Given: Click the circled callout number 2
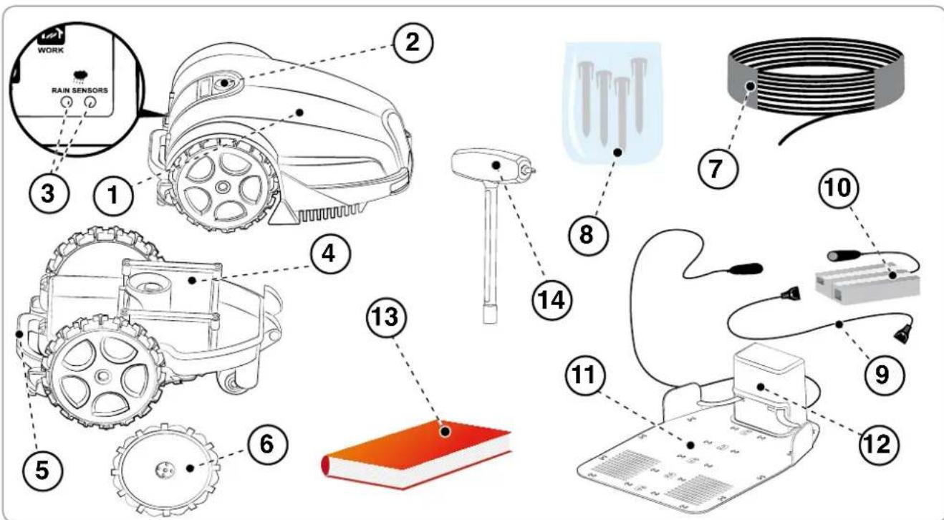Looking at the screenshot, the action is [413, 42].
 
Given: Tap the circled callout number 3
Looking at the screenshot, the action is [48, 194].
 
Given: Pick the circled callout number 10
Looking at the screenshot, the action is [839, 188].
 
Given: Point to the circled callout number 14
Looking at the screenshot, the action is [552, 300].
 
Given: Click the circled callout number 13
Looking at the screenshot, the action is [387, 317].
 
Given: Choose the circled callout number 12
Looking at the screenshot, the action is [879, 444].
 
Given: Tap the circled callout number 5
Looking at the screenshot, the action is [42, 469].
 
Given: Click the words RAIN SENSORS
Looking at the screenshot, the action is [80, 90].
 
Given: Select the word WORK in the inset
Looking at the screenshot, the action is [51, 50].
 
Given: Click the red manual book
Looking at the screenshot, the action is [417, 454].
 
